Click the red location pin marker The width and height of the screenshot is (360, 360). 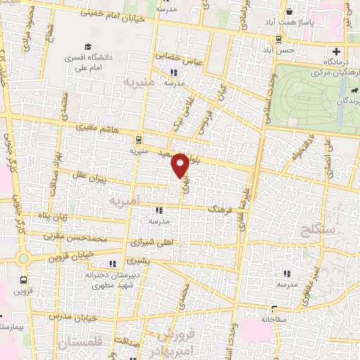(181, 165)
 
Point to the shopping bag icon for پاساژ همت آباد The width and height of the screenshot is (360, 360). (290, 12)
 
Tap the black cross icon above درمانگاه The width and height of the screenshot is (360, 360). (337, 51)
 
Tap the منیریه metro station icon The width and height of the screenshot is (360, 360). (139, 140)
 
